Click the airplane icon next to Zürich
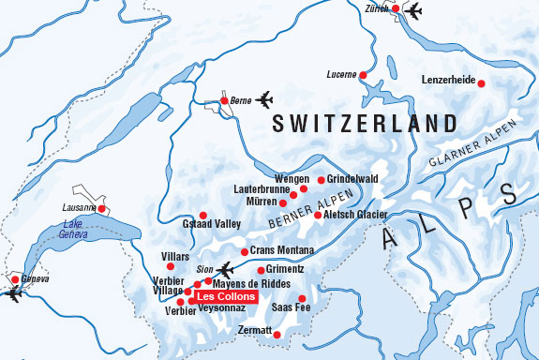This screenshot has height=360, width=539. [412, 11]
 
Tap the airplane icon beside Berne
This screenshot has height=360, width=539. [265, 98]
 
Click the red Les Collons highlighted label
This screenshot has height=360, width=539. [222, 296]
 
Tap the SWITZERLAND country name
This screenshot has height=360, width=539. [364, 124]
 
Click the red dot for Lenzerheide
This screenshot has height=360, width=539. [482, 83]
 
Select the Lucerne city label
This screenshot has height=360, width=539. [339, 74]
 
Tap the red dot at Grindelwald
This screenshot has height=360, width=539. [321, 180]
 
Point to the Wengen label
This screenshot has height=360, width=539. [292, 179]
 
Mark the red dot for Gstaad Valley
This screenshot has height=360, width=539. [202, 215]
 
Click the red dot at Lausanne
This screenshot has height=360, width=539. [103, 209]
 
